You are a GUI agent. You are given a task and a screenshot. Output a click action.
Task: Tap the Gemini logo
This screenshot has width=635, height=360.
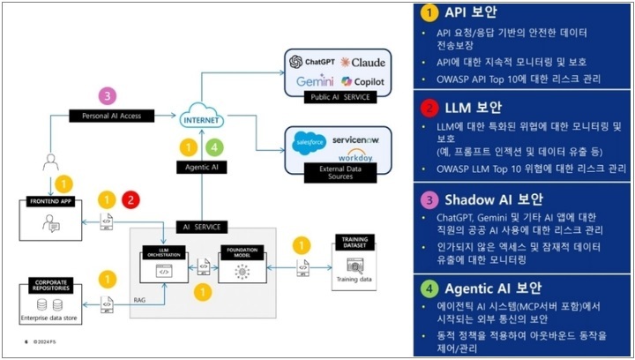point(314,81)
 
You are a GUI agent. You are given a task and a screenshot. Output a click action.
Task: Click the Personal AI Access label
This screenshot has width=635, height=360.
point(111,116)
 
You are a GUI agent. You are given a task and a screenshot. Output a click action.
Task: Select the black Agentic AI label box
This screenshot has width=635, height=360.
point(202,166)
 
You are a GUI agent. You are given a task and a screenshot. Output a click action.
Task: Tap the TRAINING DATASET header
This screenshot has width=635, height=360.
point(354,240)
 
